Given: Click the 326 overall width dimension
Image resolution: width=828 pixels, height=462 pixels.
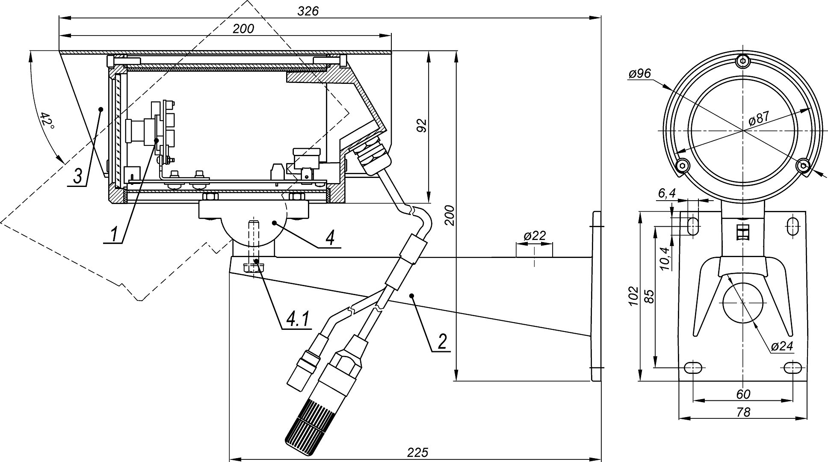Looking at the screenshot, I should coord(308,11).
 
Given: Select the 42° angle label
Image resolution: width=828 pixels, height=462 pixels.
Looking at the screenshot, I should coord(47,121).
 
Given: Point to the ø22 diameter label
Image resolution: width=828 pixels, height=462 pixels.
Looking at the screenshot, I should coord(534,236).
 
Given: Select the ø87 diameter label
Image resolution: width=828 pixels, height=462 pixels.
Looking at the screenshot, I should coord(759,118).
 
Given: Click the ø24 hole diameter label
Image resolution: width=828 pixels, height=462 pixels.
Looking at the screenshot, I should coord(782,346).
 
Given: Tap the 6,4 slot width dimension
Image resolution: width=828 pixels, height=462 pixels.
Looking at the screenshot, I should coord(666,193).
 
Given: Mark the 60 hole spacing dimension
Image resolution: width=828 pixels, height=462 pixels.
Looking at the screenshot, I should coord(743,394).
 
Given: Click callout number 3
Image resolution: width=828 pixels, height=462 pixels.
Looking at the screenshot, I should coord(77,176).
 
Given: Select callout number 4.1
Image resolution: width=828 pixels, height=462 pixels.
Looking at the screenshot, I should coord(298,320).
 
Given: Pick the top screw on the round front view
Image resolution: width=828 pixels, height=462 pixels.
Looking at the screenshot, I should coord(743,61).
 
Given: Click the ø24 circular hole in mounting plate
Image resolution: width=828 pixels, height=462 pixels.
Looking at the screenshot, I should coord(743,302).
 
